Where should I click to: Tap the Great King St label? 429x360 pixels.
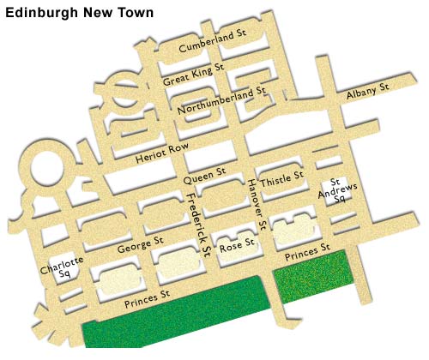tap(193, 75)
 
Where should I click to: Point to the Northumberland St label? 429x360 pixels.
tap(222, 100)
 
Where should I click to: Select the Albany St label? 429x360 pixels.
tap(368, 92)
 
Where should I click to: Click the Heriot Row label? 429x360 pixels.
tap(161, 154)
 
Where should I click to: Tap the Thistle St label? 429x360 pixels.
tap(282, 178)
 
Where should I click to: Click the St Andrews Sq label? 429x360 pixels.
tap(337, 189)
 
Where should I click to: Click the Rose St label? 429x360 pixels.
tap(238, 245)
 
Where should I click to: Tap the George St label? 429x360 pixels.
tap(140, 248)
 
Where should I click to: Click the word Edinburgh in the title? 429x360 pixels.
tap(39, 13)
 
